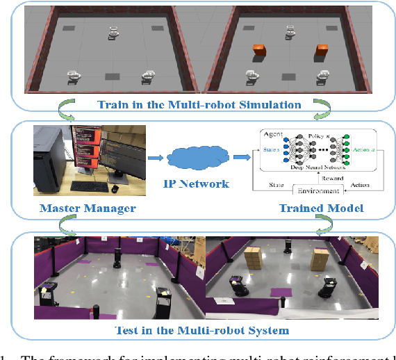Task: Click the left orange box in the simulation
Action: pyautogui.click(x=258, y=51)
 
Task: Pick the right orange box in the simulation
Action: pyautogui.click(x=322, y=51)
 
